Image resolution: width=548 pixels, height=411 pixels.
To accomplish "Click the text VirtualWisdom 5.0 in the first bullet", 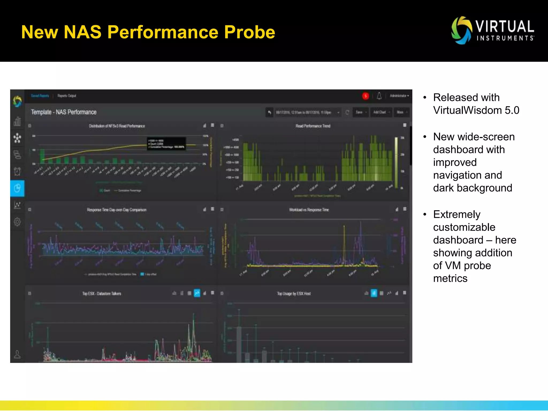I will pos(476,110).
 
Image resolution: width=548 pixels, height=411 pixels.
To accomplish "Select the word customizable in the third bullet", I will pos(464,227).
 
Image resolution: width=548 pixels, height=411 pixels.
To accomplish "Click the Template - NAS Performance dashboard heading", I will pos(63,112).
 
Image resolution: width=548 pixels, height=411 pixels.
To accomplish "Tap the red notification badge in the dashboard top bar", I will pos(365,96).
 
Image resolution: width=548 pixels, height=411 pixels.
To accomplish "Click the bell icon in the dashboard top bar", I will pos(379,96).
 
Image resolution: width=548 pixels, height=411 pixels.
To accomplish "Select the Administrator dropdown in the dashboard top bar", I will pos(399,96).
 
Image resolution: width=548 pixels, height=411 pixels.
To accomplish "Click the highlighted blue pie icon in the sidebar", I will pos(17,188).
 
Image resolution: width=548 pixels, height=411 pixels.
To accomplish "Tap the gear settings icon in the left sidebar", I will pos(17,222).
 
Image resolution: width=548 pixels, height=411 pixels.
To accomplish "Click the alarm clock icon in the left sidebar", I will pos(17,171).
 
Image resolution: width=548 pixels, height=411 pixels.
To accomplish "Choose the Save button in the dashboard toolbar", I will pos(360,112).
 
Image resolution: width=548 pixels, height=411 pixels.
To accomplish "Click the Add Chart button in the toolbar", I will pos(381,112).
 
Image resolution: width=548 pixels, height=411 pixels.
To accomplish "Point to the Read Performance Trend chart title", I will pos(313,126).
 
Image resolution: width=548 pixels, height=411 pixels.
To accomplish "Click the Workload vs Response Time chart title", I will pos(309,210).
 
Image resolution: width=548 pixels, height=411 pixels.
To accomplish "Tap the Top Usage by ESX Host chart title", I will pos(294,294).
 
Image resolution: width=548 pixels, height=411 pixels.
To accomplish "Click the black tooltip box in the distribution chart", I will pos(166,144).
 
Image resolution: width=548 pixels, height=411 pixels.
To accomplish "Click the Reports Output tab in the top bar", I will pos(67,96).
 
